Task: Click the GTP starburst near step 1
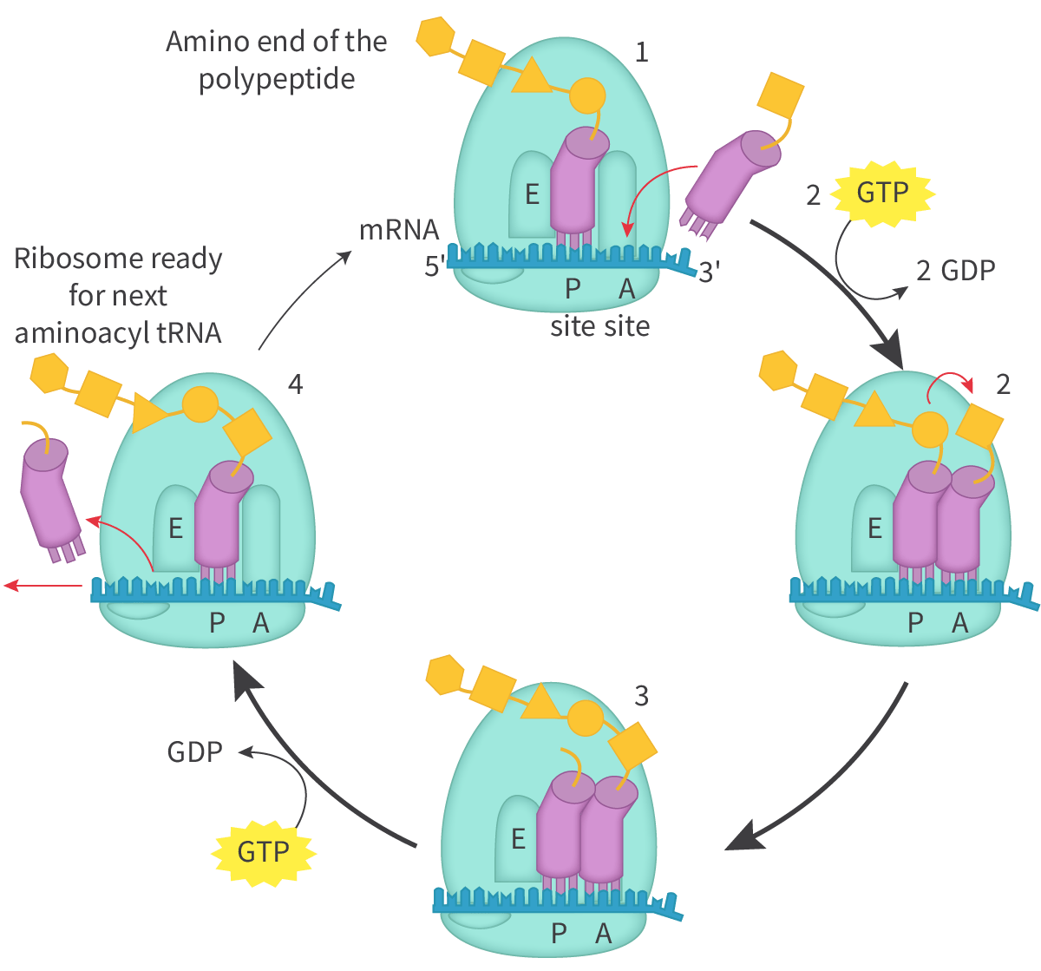click(x=883, y=192)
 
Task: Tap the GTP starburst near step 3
click(x=263, y=851)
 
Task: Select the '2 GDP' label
click(x=955, y=270)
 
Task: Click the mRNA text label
click(x=399, y=232)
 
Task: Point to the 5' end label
click(x=435, y=266)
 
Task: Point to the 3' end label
click(x=710, y=272)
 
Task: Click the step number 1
click(x=641, y=53)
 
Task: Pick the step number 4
click(x=295, y=384)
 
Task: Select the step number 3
click(x=641, y=695)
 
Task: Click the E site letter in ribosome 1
click(x=533, y=195)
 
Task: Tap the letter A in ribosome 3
click(x=604, y=934)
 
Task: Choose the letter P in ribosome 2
click(x=915, y=622)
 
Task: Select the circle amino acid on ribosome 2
click(x=930, y=428)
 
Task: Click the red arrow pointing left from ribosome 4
click(x=43, y=587)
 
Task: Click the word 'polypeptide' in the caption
click(x=277, y=80)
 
